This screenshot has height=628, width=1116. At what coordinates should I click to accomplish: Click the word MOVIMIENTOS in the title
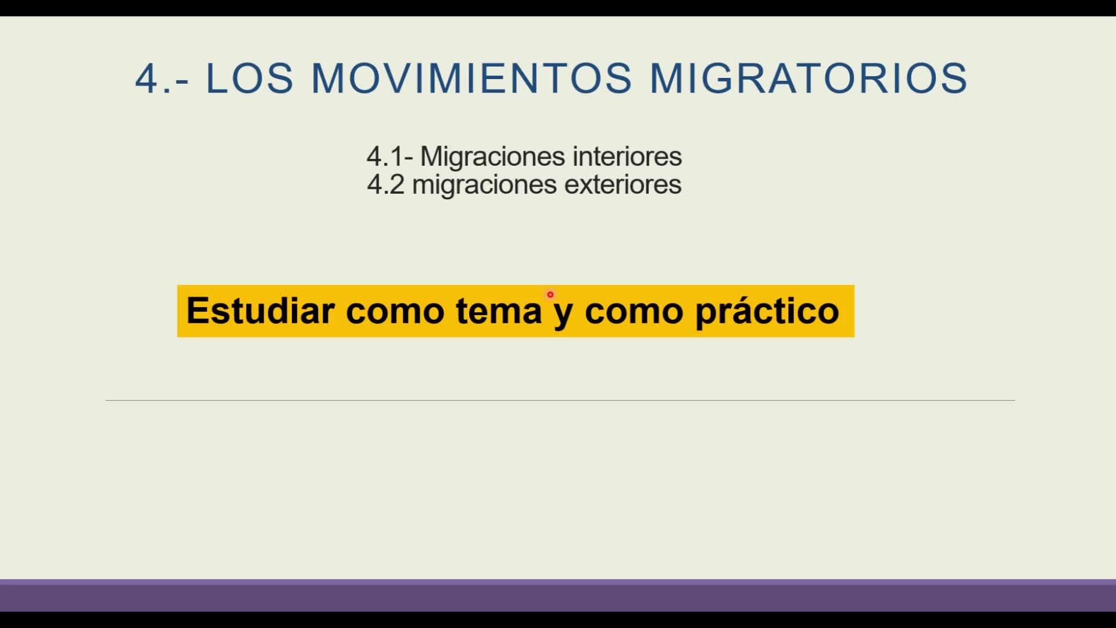click(x=471, y=78)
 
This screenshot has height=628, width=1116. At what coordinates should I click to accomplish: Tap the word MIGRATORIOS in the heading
click(x=809, y=78)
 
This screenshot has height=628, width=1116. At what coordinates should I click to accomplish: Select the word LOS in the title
click(x=250, y=78)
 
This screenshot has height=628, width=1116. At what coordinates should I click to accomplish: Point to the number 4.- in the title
click(x=162, y=78)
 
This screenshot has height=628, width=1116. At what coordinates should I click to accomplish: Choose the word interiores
click(x=627, y=156)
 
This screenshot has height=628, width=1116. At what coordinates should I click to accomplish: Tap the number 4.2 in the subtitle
click(x=385, y=185)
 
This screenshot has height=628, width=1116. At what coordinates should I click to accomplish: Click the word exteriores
click(x=623, y=184)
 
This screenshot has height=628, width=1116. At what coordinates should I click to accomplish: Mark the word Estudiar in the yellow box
click(x=260, y=311)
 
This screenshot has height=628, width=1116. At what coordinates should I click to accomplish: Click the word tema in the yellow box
click(x=499, y=311)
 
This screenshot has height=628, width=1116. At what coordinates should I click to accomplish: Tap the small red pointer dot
click(x=550, y=295)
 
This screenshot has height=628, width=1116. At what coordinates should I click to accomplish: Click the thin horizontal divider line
click(x=560, y=400)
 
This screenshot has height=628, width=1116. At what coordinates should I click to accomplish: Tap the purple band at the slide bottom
click(x=558, y=595)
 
